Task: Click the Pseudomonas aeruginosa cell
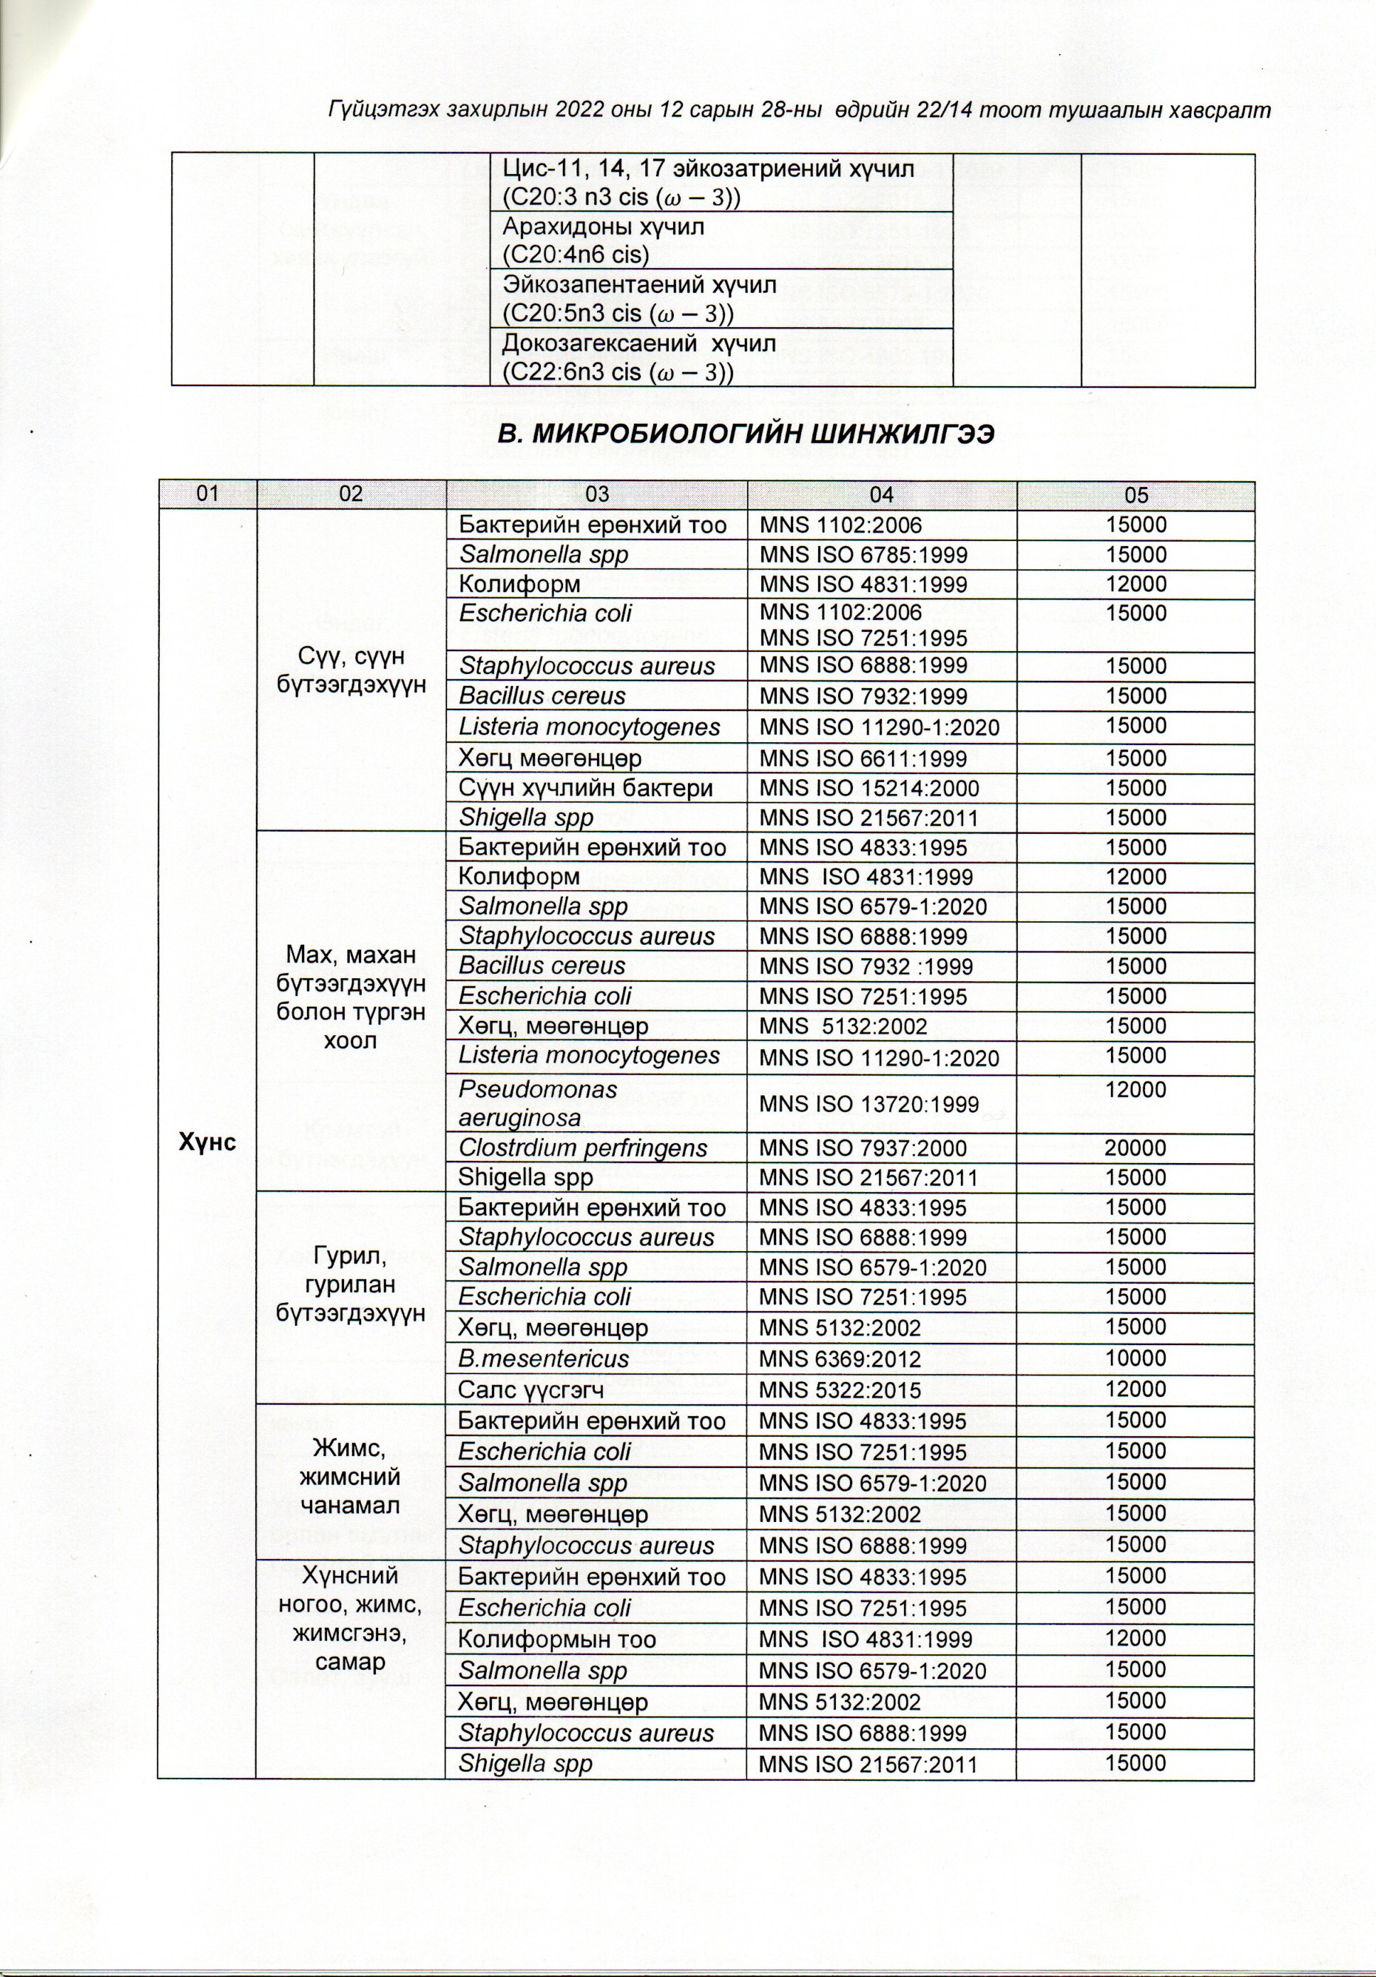[x=538, y=1104]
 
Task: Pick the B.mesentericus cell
[x=543, y=1359]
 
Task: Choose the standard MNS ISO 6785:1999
[x=863, y=555]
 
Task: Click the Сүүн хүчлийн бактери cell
[x=586, y=788]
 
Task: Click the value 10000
[x=1136, y=1359]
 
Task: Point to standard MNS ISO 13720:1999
[x=869, y=1103]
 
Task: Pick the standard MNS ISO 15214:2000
[x=869, y=788]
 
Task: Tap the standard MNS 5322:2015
[x=839, y=1389]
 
